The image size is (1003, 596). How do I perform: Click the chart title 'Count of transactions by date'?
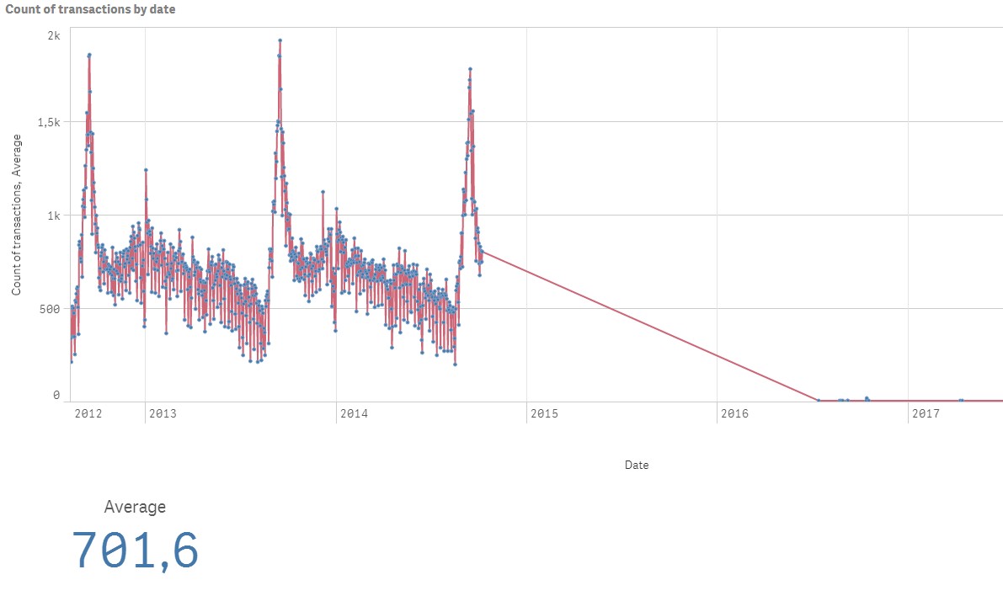[90, 9]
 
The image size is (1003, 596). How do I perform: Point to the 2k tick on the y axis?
[53, 35]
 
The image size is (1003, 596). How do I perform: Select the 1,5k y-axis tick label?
[47, 122]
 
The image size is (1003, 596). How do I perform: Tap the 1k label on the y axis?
[53, 216]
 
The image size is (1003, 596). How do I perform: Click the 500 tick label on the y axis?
[51, 309]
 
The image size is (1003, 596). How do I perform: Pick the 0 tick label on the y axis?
[56, 395]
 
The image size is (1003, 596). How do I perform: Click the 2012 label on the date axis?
[88, 413]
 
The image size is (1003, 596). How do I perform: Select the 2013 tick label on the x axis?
[163, 413]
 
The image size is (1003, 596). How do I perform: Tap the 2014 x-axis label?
[354, 413]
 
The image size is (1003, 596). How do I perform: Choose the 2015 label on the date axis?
[544, 413]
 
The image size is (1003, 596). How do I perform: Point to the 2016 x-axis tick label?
[735, 413]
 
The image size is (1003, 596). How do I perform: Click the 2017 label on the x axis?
[926, 413]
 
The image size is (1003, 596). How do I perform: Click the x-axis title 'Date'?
[637, 465]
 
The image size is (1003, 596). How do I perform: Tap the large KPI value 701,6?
[136, 551]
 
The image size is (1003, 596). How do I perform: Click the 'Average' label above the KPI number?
[135, 507]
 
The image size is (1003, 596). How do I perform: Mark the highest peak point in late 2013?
[280, 40]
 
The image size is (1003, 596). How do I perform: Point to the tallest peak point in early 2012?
[89, 55]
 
